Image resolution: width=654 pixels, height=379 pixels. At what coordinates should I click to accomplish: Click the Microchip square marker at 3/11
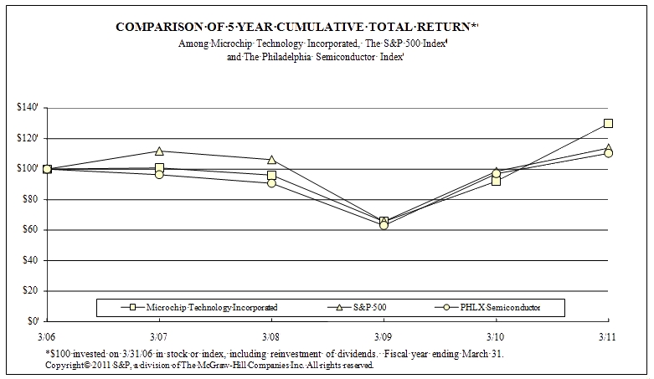[x=608, y=123]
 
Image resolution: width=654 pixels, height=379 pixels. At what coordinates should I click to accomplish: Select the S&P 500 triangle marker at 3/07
[x=159, y=151]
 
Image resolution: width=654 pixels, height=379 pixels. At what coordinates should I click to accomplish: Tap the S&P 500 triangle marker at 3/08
[x=271, y=159]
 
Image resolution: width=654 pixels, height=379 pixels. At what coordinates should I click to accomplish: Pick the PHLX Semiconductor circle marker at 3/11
[x=608, y=153]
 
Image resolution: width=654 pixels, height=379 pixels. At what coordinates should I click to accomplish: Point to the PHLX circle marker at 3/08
[x=271, y=182]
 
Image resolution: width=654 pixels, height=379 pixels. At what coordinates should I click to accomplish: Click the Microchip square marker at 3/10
[x=496, y=180]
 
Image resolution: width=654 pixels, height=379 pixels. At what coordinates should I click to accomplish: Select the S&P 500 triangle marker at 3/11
[x=608, y=148]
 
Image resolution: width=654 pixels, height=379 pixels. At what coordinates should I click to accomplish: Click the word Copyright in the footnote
[x=66, y=366]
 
